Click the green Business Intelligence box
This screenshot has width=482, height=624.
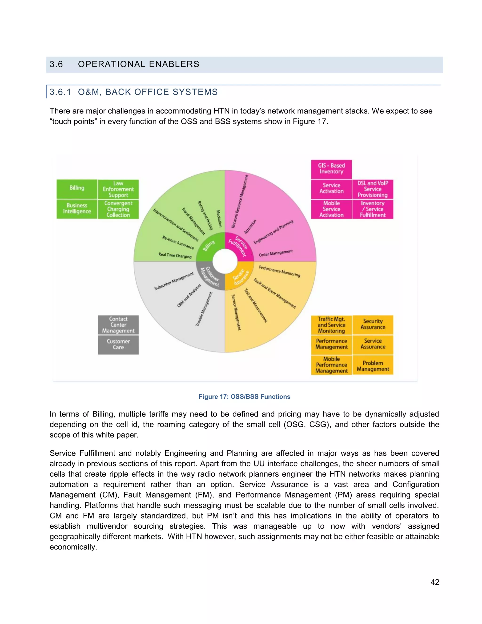[77, 209]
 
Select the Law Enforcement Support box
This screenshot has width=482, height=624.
[118, 189]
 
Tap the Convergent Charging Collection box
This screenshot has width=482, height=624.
[118, 209]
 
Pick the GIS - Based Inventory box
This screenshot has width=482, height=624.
[331, 169]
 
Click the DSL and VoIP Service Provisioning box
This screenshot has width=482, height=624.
[373, 189]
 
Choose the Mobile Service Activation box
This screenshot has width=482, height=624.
[331, 209]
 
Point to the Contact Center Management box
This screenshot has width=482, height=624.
[118, 325]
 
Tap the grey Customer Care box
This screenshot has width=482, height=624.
[118, 344]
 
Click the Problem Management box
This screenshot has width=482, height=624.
[373, 366]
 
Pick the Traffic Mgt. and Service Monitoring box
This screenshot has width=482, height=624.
[331, 325]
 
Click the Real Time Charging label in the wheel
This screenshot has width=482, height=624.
[175, 255]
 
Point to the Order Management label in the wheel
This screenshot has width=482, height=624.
[276, 253]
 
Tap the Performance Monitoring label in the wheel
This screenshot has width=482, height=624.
[279, 271]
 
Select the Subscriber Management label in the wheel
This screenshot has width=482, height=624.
[174, 281]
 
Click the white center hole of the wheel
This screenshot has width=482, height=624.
[225, 261]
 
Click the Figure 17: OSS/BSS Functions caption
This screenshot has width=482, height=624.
[245, 397]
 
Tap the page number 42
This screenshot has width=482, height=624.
[435, 582]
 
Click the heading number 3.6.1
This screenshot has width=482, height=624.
[60, 92]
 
